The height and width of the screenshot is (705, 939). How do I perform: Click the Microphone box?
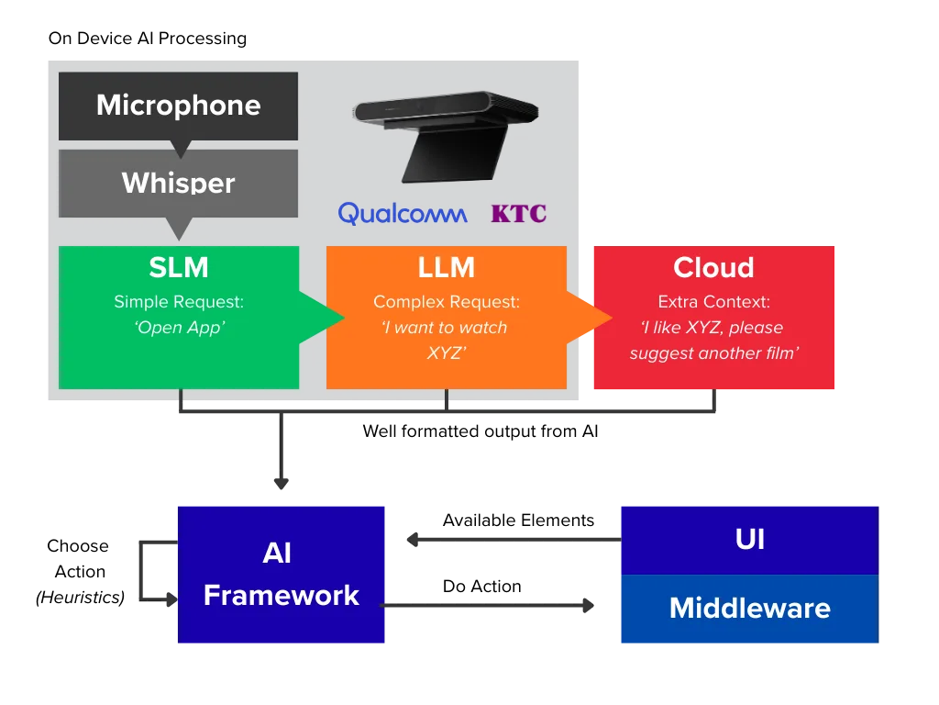[178, 106]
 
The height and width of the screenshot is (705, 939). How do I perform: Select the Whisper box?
[178, 183]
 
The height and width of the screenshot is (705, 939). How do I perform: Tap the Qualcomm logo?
[402, 214]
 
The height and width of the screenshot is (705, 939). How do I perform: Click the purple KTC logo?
[518, 214]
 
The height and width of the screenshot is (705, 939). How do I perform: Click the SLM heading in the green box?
[179, 267]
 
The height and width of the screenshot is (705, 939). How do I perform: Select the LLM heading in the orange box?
[446, 267]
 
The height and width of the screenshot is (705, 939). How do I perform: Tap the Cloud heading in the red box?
[713, 267]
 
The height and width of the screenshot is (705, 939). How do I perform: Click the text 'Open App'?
[179, 328]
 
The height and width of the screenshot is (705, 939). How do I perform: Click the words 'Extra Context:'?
[713, 301]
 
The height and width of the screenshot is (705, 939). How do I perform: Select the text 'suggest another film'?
[713, 353]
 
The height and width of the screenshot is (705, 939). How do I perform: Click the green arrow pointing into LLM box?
[321, 318]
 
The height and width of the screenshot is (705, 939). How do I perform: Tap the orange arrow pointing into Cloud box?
[589, 318]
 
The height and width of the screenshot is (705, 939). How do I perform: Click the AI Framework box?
[281, 574]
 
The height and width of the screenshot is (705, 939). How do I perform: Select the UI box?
[749, 539]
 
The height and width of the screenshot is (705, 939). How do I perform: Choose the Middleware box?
[749, 609]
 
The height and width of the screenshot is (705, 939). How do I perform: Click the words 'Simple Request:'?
[179, 301]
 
